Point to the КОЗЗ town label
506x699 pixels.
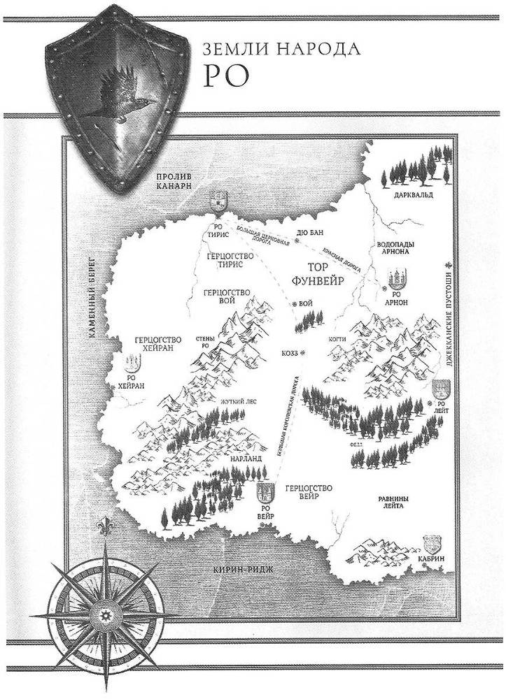(291, 354)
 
